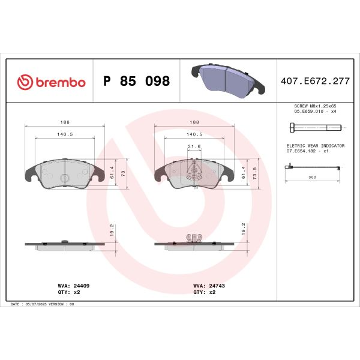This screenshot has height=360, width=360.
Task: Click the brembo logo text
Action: tap(52, 82)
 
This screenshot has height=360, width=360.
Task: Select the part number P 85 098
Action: tap(137, 82)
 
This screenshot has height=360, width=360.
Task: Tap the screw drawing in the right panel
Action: tap(314, 127)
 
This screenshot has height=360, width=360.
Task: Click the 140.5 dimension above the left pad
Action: tap(64, 134)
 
